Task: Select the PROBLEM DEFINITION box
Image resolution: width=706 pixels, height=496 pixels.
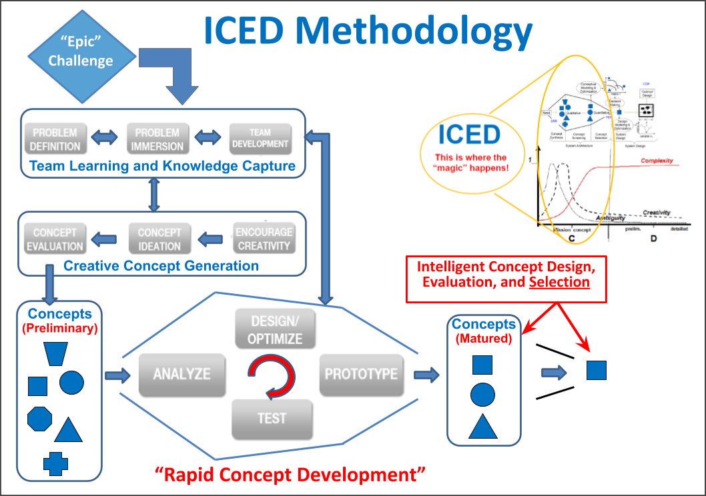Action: pyautogui.click(x=55, y=139)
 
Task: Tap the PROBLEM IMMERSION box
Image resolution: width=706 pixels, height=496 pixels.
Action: pyautogui.click(x=157, y=139)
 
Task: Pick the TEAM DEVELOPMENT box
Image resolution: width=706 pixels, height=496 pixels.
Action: pyautogui.click(x=260, y=139)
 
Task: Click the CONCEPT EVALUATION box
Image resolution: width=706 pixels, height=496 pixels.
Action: pyautogui.click(x=55, y=239)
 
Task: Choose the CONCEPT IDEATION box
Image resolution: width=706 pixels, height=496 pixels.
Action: pyautogui.click(x=159, y=239)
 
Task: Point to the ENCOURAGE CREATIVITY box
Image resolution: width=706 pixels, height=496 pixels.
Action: pyautogui.click(x=264, y=239)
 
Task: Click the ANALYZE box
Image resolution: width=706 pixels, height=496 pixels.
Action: pyautogui.click(x=182, y=375)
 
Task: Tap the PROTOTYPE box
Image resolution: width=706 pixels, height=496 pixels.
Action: pyautogui.click(x=361, y=375)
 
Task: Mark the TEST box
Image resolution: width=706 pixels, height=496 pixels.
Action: pyautogui.click(x=272, y=419)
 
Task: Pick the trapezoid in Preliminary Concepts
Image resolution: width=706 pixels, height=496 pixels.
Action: pyautogui.click(x=55, y=353)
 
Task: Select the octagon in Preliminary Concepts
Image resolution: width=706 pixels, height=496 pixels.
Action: pyautogui.click(x=39, y=419)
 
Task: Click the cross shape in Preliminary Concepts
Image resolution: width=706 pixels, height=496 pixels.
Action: pyautogui.click(x=55, y=463)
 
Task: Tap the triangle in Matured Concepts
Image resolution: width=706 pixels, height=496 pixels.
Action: pyautogui.click(x=483, y=426)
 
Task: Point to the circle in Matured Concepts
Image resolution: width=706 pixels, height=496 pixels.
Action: pyautogui.click(x=482, y=395)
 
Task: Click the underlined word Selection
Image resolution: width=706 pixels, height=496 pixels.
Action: pyautogui.click(x=559, y=282)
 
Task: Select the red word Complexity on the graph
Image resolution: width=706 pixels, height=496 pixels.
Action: pyautogui.click(x=657, y=161)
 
